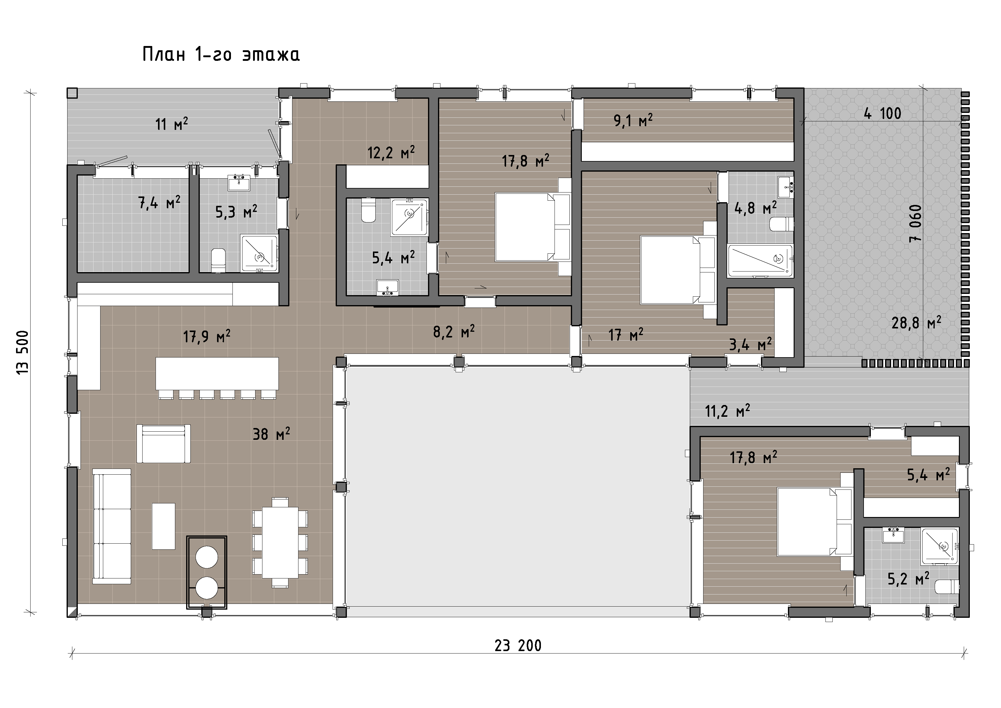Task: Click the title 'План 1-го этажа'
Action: tap(221, 55)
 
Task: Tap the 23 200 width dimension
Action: tap(518, 645)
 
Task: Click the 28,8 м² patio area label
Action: tap(916, 323)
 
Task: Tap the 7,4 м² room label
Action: tap(159, 203)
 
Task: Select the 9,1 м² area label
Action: tap(633, 120)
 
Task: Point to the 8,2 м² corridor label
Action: tap(454, 332)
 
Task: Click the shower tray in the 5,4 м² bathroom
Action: tap(409, 217)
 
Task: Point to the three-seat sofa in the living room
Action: tap(112, 526)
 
